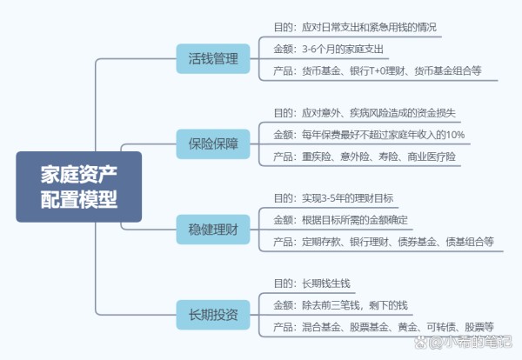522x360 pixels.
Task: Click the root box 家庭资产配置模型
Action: point(79,187)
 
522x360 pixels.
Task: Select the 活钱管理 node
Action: point(213,58)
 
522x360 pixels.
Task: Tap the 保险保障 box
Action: point(213,144)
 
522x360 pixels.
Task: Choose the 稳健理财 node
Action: point(213,230)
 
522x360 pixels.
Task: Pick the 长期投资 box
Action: point(213,315)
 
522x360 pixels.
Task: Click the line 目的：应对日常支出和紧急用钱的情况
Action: point(355,27)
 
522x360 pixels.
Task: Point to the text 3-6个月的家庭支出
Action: point(343,50)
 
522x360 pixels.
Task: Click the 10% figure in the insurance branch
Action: point(455,135)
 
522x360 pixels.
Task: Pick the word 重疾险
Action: point(317,157)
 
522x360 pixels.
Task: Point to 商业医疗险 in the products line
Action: point(432,157)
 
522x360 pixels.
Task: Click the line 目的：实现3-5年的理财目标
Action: point(333,198)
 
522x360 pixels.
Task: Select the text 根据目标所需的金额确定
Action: point(355,220)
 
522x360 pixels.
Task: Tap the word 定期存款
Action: point(321,242)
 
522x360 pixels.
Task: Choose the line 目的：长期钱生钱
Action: point(312,283)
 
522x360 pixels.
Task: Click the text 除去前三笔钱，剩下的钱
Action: point(355,305)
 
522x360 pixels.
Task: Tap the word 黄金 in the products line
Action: point(407,328)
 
